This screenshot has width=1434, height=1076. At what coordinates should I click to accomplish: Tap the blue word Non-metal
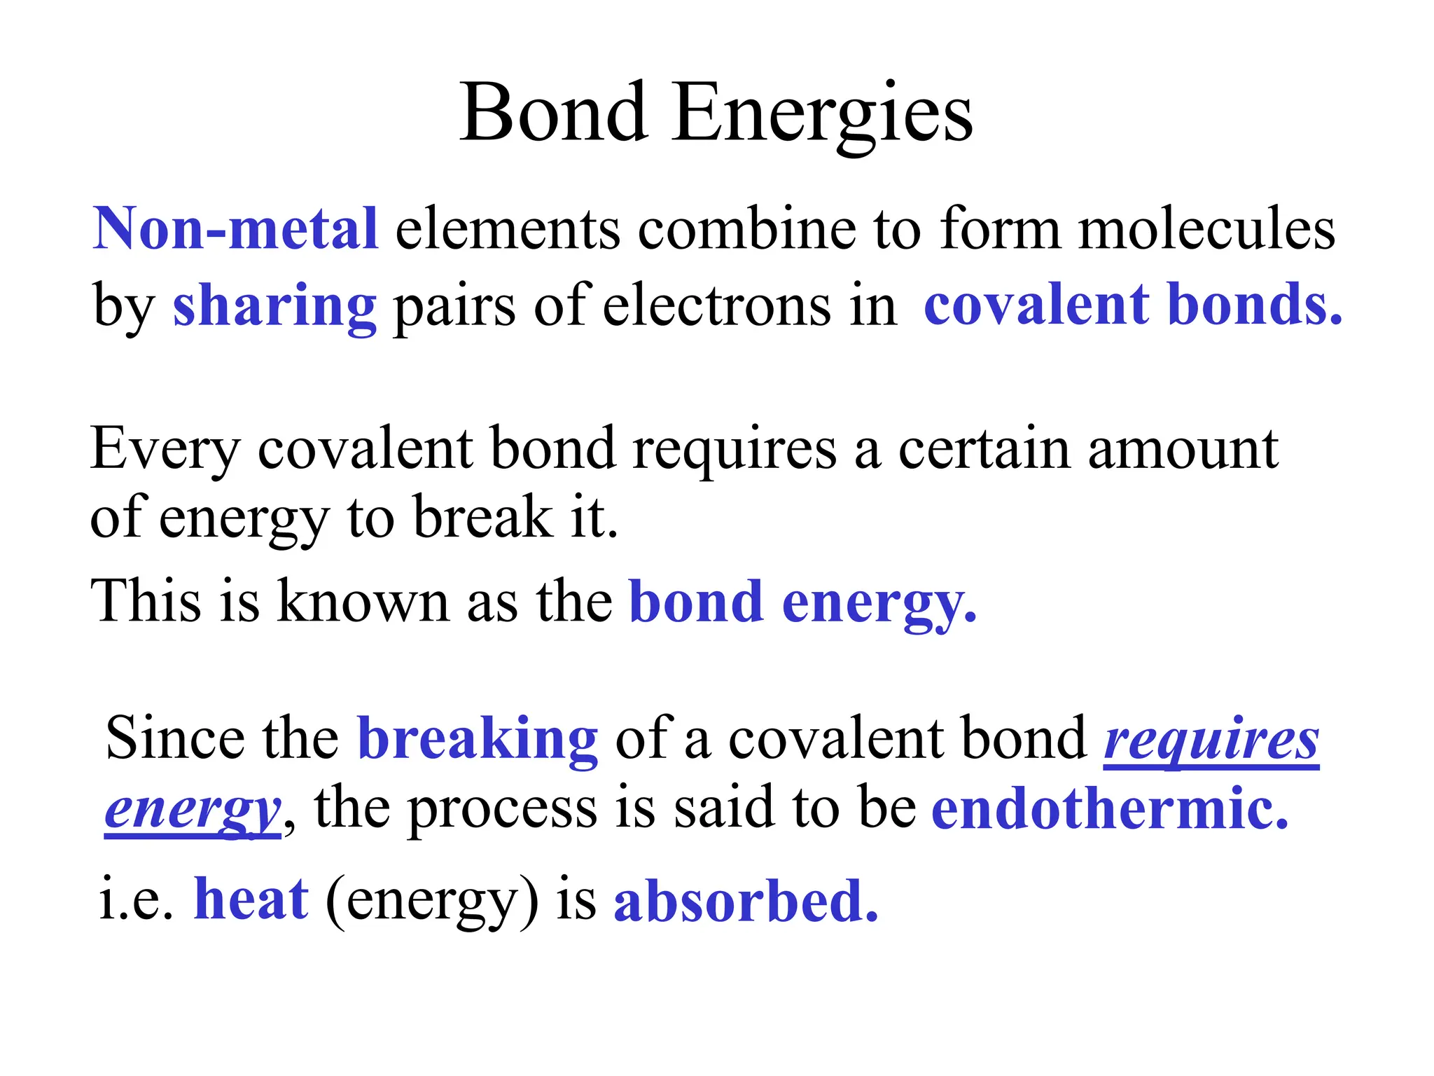(236, 228)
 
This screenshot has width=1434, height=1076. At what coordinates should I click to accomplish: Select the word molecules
(1206, 228)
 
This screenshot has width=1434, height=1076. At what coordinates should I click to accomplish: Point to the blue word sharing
(274, 305)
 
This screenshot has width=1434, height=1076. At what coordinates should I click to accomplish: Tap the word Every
(165, 449)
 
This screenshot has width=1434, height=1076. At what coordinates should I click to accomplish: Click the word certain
(984, 449)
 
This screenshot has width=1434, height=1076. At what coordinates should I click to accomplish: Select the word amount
(1183, 449)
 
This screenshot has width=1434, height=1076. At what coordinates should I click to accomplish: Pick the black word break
(482, 517)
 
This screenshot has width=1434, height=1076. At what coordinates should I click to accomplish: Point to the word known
(363, 602)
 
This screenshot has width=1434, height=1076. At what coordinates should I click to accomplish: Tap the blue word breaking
(478, 738)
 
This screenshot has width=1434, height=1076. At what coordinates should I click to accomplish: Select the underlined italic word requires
(1211, 740)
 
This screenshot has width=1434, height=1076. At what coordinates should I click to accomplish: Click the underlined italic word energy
(193, 810)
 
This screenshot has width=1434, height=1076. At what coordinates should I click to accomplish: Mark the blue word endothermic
(1110, 808)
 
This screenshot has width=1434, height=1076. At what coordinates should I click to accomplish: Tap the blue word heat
(251, 899)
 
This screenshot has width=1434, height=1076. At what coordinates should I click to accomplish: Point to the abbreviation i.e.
(136, 901)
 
